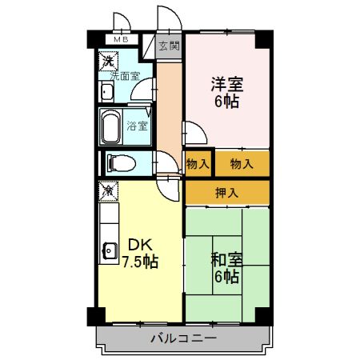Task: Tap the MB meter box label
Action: pyautogui.click(x=120, y=39)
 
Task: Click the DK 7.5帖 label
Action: pyautogui.click(x=138, y=253)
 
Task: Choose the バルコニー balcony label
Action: pyautogui.click(x=183, y=338)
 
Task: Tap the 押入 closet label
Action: pyautogui.click(x=227, y=192)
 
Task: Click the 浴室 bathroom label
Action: pyautogui.click(x=137, y=126)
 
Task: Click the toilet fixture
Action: pyautogui.click(x=119, y=163)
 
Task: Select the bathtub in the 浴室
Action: pyautogui.click(x=111, y=126)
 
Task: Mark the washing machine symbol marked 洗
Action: pyautogui.click(x=107, y=60)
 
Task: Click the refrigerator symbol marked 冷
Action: pyautogui.click(x=107, y=190)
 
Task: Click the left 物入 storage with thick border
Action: pyautogui.click(x=198, y=164)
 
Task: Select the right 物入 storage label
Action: pyautogui.click(x=242, y=164)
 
